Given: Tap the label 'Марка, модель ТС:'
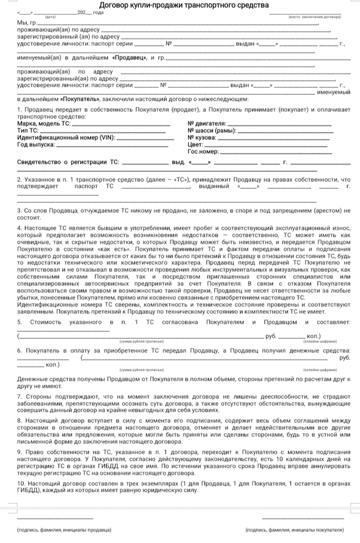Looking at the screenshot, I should (44, 124).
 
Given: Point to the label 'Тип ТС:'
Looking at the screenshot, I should (28, 131).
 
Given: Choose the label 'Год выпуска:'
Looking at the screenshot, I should (36, 145).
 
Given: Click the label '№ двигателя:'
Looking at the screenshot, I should (207, 124).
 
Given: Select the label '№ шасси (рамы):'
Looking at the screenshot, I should (212, 131).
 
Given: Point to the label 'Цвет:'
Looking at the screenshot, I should (196, 145).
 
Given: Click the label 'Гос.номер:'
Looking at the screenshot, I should (203, 152).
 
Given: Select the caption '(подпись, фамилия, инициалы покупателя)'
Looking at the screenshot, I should (295, 529).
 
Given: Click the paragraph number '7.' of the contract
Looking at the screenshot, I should (20, 396).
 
